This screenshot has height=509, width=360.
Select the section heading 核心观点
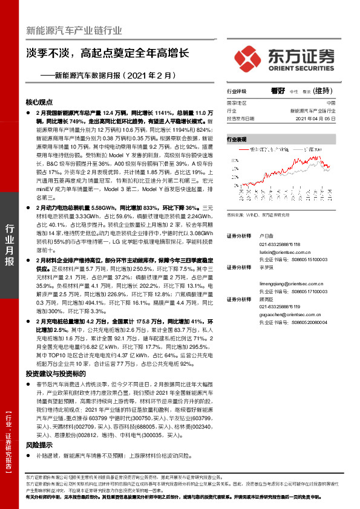point(40,102)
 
